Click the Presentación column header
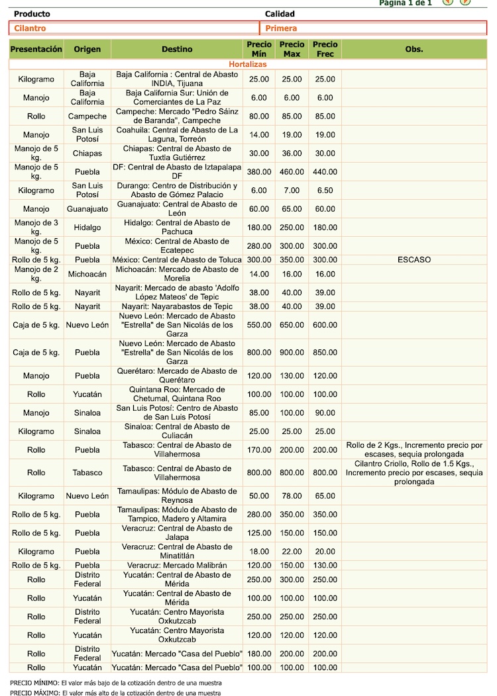pyautogui.click(x=36, y=49)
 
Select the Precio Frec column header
pyautogui.click(x=325, y=49)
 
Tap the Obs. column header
pyautogui.click(x=414, y=49)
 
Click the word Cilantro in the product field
pyautogui.click(x=30, y=28)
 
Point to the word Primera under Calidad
pyautogui.click(x=281, y=28)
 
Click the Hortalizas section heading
pyautogui.click(x=248, y=64)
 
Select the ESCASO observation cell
pyautogui.click(x=414, y=259)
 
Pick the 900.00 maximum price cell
pyautogui.click(x=292, y=353)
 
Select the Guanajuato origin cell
pyautogui.click(x=87, y=209)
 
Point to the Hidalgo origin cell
pyautogui.click(x=87, y=228)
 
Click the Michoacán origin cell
pyautogui.click(x=87, y=274)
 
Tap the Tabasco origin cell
pyautogui.click(x=87, y=472)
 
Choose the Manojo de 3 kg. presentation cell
pyautogui.click(x=36, y=228)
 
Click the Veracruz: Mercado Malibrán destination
pyautogui.click(x=176, y=566)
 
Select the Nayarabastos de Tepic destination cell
pyautogui.click(x=176, y=306)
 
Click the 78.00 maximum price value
pyautogui.click(x=292, y=496)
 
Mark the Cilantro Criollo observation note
pyautogui.click(x=414, y=472)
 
